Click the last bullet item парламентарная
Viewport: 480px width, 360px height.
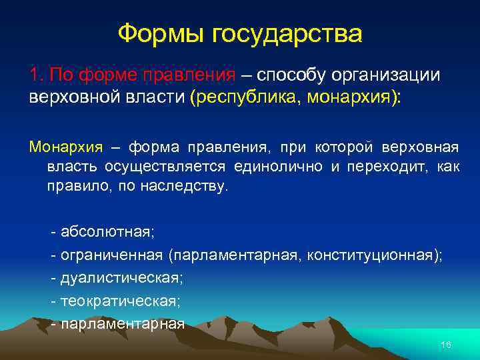pyautogui.click(x=122, y=324)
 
